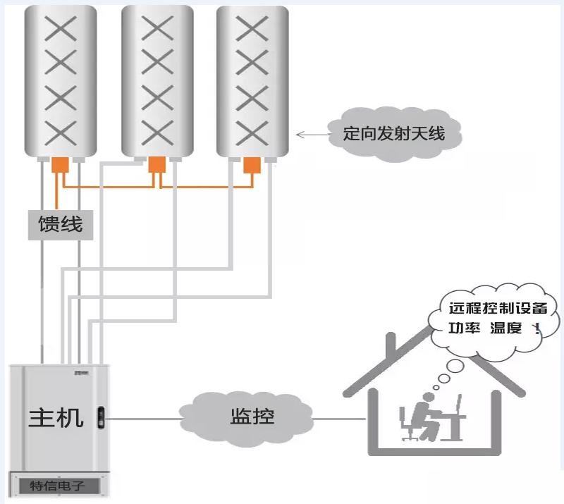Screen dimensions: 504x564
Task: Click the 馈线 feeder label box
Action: (x=61, y=225)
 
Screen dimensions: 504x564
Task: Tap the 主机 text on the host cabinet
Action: (x=56, y=417)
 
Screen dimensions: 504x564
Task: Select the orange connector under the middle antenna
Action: (x=157, y=164)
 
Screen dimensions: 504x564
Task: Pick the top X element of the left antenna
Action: (x=61, y=30)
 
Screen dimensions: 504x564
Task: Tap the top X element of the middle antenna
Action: (x=157, y=28)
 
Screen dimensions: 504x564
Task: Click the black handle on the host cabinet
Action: (x=100, y=417)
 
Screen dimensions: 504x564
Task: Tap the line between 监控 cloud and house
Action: (x=338, y=418)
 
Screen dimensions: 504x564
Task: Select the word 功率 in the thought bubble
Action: (x=465, y=328)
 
